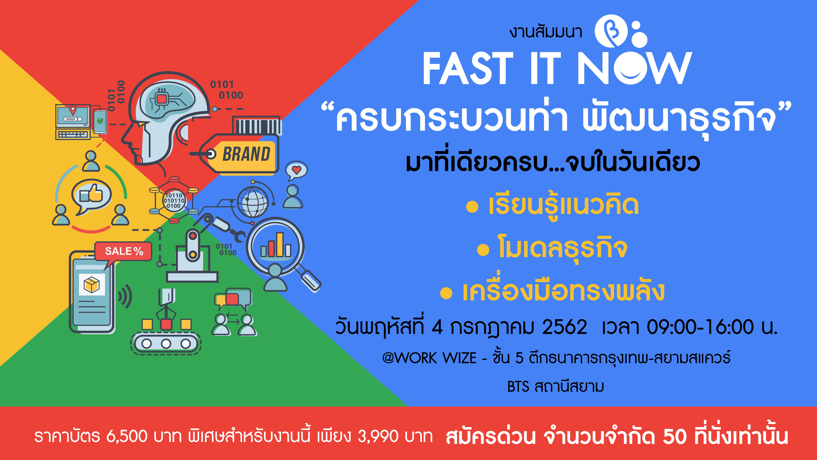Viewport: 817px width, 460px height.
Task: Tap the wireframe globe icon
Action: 253,202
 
